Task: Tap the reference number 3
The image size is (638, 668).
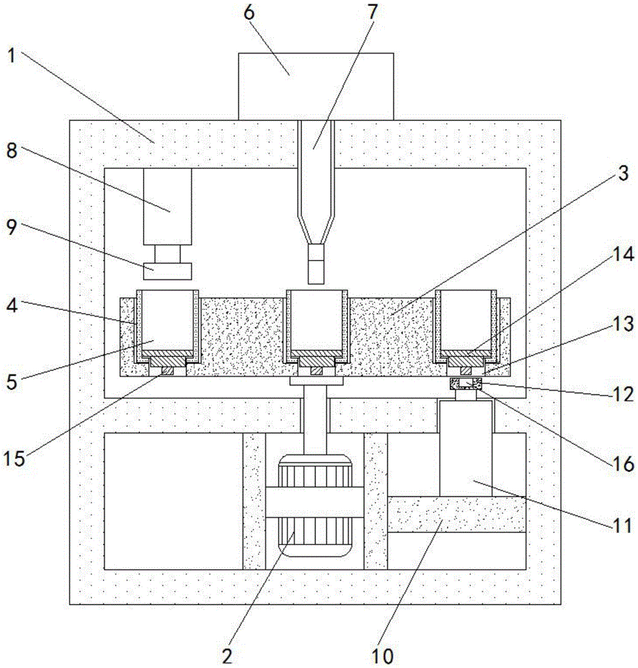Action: (623, 174)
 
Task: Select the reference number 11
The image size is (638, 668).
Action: (623, 525)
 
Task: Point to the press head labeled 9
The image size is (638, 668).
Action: (167, 271)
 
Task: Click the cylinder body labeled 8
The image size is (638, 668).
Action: (167, 206)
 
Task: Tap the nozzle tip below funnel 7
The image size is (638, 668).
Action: (316, 264)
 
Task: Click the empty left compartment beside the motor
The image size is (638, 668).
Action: (174, 501)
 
